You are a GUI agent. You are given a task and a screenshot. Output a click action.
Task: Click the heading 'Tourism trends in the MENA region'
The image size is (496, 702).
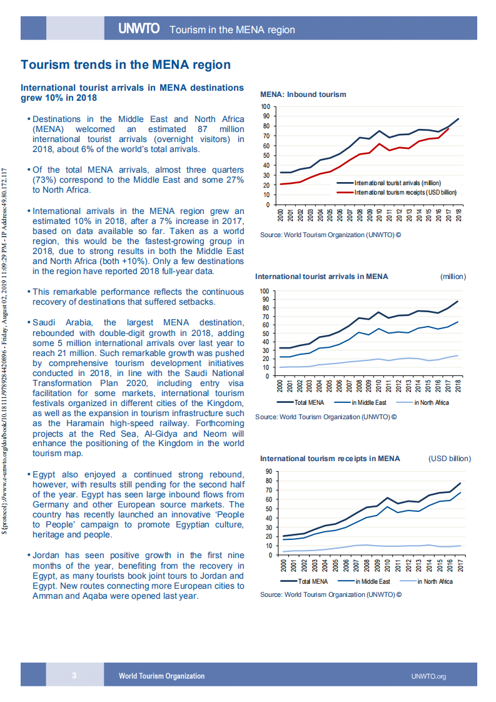126,64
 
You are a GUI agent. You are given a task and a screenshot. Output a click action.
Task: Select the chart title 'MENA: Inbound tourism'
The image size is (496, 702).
303,94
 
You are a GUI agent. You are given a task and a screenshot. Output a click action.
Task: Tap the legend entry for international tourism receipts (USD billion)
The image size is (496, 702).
405,192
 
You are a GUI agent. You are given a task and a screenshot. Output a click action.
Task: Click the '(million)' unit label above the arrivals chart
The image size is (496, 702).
453,276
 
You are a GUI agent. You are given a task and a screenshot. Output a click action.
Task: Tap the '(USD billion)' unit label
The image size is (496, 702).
449,459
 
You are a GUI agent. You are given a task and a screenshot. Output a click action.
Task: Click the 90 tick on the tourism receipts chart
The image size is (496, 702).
268,471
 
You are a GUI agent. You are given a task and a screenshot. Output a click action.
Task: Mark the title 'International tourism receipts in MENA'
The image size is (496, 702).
330,459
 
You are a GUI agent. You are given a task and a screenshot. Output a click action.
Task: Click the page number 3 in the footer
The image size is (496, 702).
74,675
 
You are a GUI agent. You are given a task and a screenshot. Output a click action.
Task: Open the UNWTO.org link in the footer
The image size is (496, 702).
428,676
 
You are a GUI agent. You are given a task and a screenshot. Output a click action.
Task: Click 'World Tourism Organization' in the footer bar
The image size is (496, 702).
161,676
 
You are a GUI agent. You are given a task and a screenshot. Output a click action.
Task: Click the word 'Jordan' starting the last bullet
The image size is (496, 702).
46,555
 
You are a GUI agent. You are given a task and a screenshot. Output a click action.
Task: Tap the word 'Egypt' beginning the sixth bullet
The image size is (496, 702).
44,474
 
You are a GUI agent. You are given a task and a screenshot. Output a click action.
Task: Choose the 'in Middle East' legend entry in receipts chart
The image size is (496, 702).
372,581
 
